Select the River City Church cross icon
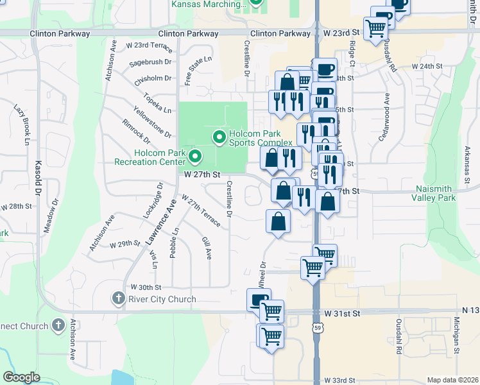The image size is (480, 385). tap(117, 298)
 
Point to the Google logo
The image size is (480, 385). tap(21, 377)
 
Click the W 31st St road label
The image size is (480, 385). tap(343, 313)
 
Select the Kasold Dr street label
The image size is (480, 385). tap(39, 178)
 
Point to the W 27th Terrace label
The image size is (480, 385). tap(201, 211)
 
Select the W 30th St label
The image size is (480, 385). tap(146, 287)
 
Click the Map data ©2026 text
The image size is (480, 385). tap(453, 380)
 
